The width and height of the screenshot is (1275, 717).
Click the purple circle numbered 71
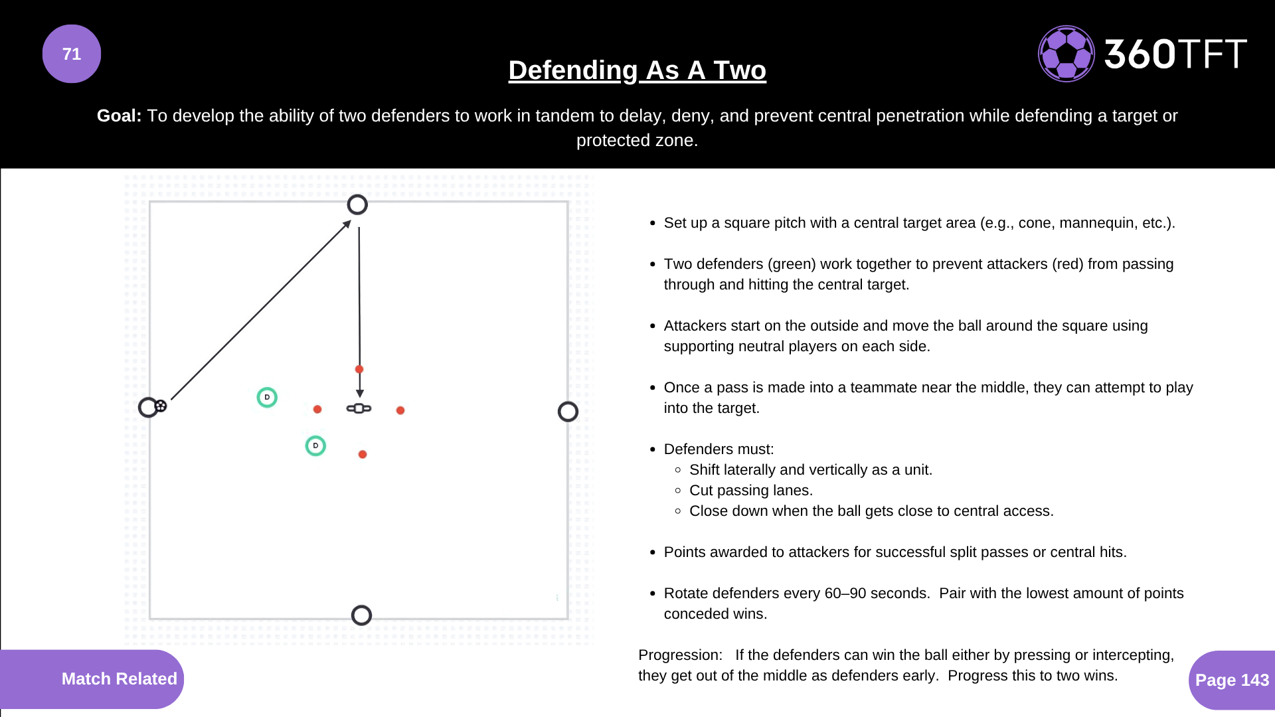[x=72, y=54]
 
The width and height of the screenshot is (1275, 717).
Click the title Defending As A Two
[x=637, y=70]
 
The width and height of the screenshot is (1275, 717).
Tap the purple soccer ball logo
[x=1066, y=54]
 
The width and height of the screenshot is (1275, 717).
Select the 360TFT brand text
[x=1175, y=54]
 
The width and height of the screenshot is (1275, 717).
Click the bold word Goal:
[x=119, y=116]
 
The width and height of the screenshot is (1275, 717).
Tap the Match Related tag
[x=119, y=678]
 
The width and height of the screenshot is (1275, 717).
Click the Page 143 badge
[x=1232, y=680]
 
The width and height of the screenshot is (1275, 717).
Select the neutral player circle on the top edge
[x=357, y=204]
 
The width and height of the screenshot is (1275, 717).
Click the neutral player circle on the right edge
[x=568, y=412]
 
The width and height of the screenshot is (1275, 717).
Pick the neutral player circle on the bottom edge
[x=361, y=615]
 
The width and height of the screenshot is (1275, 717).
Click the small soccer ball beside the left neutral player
[x=161, y=406]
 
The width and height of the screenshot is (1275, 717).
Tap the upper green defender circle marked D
[x=267, y=397]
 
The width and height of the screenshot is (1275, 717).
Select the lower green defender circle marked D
[x=315, y=445]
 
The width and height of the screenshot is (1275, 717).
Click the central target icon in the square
[x=359, y=408]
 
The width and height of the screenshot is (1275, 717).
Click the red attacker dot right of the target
[x=400, y=410]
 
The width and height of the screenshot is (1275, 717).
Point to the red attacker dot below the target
[x=363, y=454]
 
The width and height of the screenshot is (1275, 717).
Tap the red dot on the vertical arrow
[x=359, y=369]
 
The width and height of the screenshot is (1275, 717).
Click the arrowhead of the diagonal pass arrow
[x=347, y=224]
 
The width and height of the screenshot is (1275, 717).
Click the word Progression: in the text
[x=680, y=655]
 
